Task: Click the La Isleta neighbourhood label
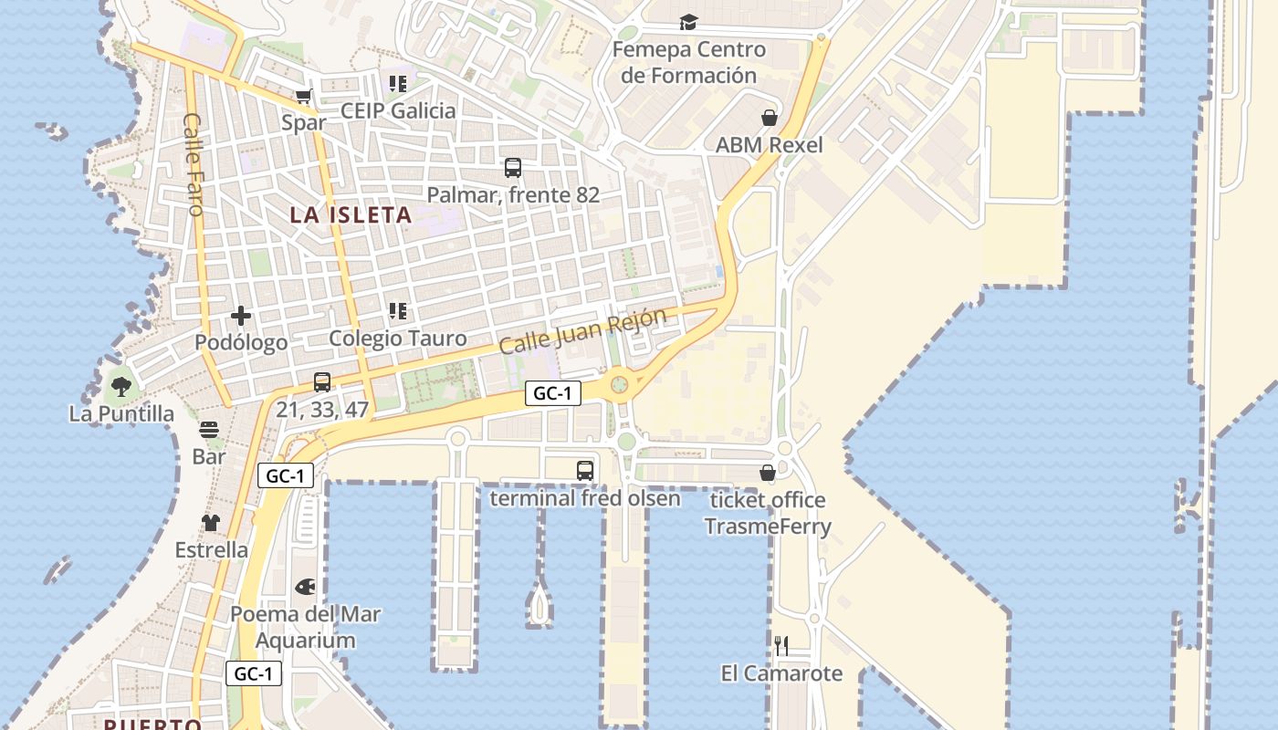click(x=351, y=215)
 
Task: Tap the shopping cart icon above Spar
click(x=304, y=96)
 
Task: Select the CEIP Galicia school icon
click(x=398, y=84)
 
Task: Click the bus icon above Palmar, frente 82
click(x=513, y=168)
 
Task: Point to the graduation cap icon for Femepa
click(x=688, y=22)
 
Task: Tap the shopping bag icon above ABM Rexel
click(x=770, y=118)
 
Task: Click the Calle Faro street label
click(x=194, y=164)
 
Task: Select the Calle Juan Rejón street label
click(x=583, y=331)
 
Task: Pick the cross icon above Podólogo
click(x=241, y=316)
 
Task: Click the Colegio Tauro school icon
click(x=398, y=311)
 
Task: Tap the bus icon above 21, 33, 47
click(x=322, y=382)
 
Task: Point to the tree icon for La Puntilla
click(x=120, y=387)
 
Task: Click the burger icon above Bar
click(x=209, y=430)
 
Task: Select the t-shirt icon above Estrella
click(x=211, y=523)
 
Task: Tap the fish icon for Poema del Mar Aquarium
click(x=305, y=587)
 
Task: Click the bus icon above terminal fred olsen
click(x=585, y=471)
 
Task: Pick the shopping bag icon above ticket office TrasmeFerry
click(x=768, y=473)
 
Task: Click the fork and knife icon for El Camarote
click(x=781, y=646)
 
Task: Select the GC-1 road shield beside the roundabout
click(x=553, y=394)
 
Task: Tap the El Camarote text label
click(x=781, y=673)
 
